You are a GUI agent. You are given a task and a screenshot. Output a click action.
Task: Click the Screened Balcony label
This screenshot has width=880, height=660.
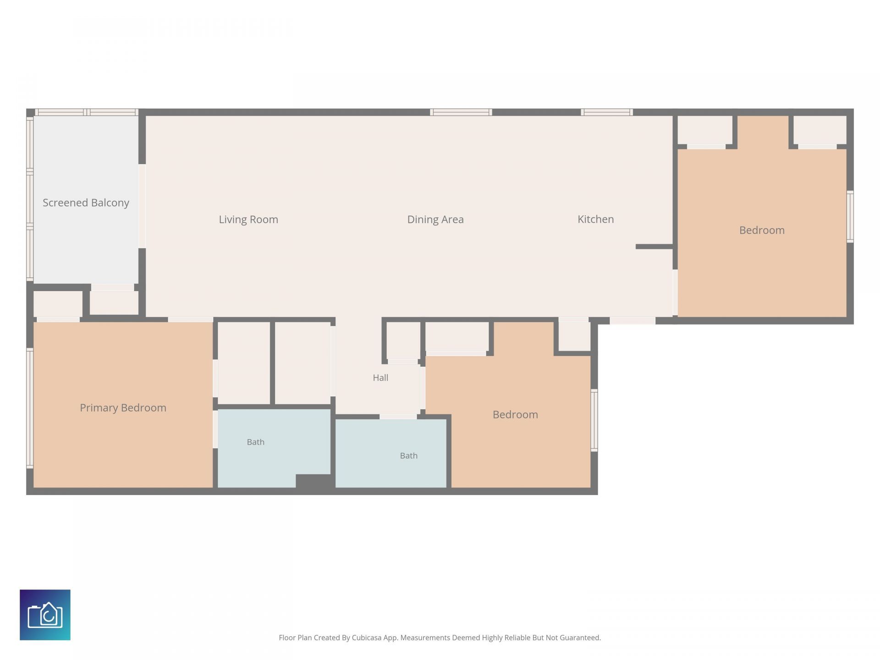tap(86, 203)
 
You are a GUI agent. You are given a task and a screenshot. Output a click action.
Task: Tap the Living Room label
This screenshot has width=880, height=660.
tap(248, 220)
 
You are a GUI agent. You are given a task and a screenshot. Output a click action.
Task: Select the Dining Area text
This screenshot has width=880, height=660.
tap(435, 220)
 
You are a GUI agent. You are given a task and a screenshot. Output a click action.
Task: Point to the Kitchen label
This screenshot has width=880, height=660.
tap(595, 219)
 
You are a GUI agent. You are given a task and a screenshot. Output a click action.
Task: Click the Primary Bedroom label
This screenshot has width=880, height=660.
tap(123, 408)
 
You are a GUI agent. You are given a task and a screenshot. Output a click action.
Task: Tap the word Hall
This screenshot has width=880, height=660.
tap(380, 378)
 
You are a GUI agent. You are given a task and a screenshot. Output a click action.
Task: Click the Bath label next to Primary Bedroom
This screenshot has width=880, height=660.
tap(255, 442)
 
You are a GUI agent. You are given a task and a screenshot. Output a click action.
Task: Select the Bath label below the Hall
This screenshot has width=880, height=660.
tap(408, 456)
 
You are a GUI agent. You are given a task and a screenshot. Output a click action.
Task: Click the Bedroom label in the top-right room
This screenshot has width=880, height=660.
tap(762, 230)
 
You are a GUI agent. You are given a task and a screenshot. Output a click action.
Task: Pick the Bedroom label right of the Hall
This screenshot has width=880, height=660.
tap(515, 414)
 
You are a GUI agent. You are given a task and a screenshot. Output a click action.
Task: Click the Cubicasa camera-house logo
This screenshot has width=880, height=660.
tap(45, 615)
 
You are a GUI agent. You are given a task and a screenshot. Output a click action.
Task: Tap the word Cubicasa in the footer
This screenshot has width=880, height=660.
tap(367, 638)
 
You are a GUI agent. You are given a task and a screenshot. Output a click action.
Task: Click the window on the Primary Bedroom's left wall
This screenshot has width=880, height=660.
tap(30, 408)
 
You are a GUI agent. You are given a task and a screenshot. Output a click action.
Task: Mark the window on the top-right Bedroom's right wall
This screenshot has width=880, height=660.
tap(850, 216)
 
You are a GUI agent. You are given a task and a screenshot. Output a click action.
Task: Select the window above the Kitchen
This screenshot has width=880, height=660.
tap(607, 112)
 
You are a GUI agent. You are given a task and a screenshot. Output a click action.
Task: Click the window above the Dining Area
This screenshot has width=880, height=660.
tap(461, 112)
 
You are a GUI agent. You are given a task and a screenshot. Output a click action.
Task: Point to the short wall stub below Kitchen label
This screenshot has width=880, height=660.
tap(654, 247)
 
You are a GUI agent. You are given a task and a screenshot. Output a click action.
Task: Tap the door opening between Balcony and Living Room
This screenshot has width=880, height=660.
tap(142, 206)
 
